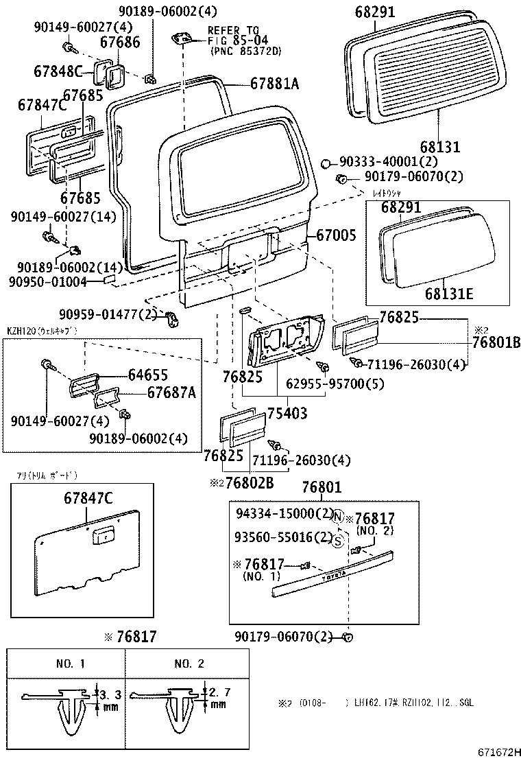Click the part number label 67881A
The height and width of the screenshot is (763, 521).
[x=274, y=84]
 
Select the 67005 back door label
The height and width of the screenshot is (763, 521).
[x=336, y=235]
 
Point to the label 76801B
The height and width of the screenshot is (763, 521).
[x=491, y=342]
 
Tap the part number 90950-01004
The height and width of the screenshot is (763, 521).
[x=48, y=281]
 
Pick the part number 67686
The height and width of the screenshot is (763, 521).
[x=120, y=43]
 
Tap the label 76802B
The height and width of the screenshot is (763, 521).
[x=250, y=482]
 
